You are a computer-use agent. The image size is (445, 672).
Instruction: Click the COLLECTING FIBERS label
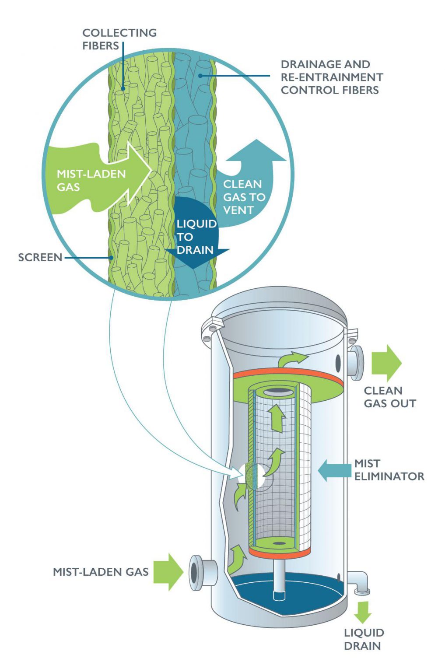tap(119, 39)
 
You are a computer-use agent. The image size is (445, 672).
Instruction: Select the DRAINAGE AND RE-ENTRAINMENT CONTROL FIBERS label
tap(331, 77)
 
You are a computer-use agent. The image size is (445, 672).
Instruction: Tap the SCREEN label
tap(40, 257)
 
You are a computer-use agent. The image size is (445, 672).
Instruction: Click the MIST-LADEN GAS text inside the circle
tap(91, 180)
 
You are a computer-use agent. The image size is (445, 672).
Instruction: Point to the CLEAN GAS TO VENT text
tap(244, 197)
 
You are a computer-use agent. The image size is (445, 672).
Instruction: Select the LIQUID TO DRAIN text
tap(196, 237)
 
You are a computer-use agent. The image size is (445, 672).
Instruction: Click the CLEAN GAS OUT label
tap(389, 397)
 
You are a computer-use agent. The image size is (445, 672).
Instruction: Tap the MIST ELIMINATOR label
tap(389, 470)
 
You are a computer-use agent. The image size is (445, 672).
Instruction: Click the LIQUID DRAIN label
tap(364, 639)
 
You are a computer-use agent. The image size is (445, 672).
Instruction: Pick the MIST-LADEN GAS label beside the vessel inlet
tap(101, 572)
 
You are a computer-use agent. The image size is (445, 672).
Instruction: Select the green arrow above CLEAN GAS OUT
tap(386, 363)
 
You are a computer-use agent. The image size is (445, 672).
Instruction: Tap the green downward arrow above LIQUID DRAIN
tap(362, 612)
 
